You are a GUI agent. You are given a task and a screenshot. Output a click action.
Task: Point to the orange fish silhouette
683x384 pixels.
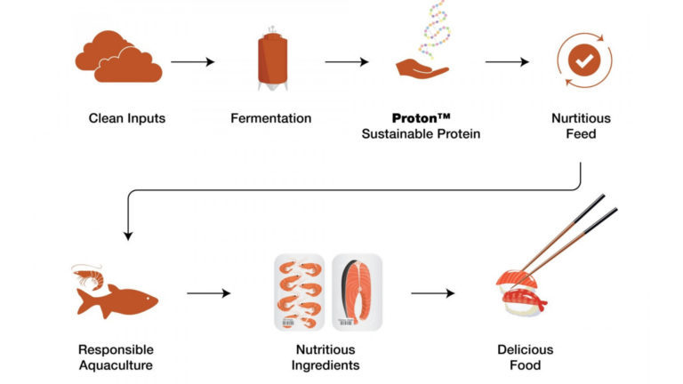pos(118,299)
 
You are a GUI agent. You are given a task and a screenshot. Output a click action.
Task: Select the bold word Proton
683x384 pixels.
pos(415,118)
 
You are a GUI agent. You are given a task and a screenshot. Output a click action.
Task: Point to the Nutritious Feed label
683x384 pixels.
pos(580,126)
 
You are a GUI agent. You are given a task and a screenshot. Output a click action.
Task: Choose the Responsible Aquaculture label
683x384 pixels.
pos(117,357)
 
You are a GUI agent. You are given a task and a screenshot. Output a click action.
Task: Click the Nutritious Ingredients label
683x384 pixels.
pos(327,357)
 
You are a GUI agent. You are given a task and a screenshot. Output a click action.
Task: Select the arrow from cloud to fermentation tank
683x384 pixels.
pos(193,61)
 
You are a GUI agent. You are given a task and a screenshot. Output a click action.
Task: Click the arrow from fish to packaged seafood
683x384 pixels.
pos(208,292)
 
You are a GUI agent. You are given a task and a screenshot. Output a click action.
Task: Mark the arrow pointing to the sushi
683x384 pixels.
pos(433,292)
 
